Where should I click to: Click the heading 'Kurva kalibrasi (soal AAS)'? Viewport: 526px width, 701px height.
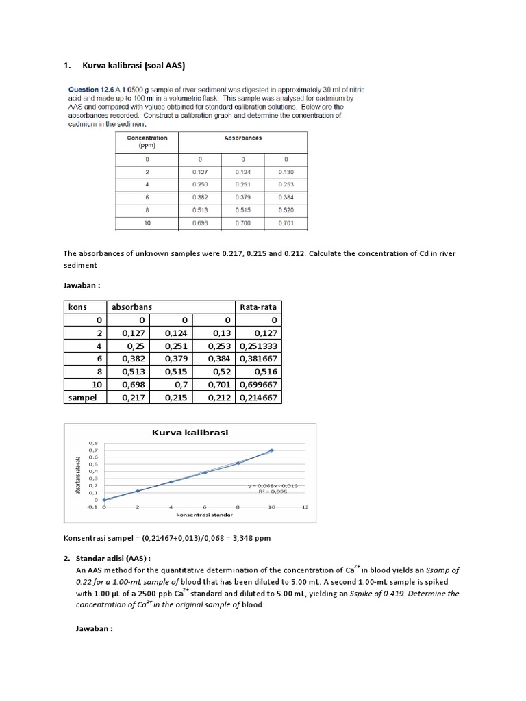pyautogui.click(x=134, y=66)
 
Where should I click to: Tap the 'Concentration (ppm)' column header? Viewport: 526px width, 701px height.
pyautogui.click(x=147, y=142)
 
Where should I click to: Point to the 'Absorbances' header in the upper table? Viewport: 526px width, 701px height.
pyautogui.click(x=242, y=138)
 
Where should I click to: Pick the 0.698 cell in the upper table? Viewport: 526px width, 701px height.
pyautogui.click(x=200, y=223)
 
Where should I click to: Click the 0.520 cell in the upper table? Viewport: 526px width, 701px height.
pyautogui.click(x=286, y=210)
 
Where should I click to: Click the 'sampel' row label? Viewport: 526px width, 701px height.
pyautogui.click(x=82, y=397)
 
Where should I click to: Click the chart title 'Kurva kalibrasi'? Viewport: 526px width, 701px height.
pyautogui.click(x=190, y=432)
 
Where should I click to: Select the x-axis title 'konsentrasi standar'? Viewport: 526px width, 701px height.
pyautogui.click(x=204, y=514)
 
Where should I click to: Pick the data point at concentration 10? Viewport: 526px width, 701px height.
pyautogui.click(x=271, y=450)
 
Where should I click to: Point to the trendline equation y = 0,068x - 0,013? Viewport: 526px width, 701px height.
pyautogui.click(x=273, y=485)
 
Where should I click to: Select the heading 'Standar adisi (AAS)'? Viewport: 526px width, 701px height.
pyautogui.click(x=112, y=558)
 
